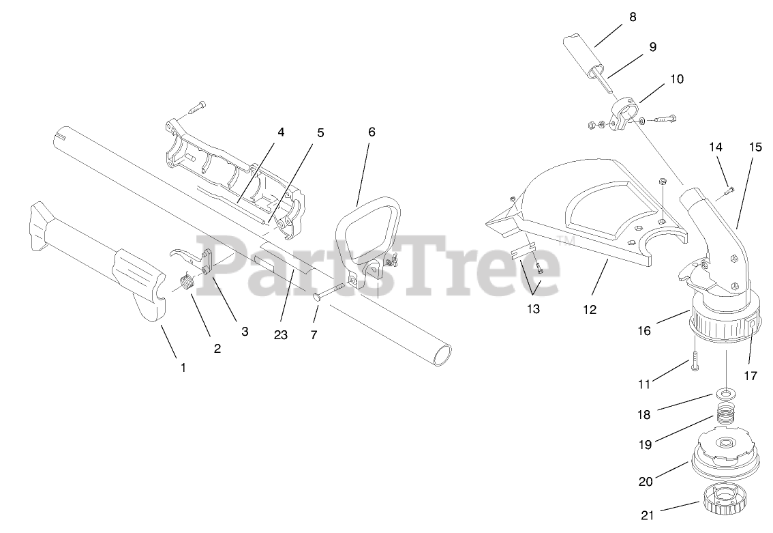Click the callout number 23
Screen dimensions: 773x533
pos(281,334)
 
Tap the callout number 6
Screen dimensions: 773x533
pos(372,132)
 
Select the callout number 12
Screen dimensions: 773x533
pos(590,309)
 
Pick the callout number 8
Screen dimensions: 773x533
pos(633,17)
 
